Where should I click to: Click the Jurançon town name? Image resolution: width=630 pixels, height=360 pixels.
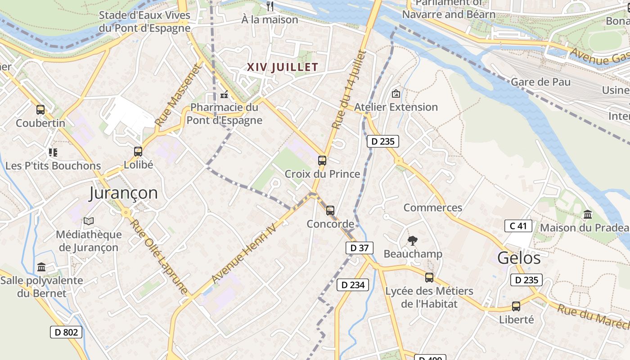coord(123,193)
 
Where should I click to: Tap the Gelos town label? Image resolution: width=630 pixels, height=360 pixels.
coord(519,258)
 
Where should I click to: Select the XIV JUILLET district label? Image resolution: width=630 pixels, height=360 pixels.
coord(283,67)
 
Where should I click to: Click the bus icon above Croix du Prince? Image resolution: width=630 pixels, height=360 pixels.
coord(322,161)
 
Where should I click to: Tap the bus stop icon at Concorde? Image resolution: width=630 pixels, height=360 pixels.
coord(330,210)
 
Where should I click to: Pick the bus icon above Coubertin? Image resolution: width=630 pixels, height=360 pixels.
coord(40,109)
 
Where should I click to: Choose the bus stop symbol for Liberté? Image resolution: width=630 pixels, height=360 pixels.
coord(516,306)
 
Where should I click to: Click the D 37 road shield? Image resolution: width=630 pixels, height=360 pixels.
coord(360,247)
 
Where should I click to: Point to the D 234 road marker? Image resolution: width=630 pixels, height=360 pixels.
coord(353,284)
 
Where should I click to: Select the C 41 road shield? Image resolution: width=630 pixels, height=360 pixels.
coord(518,226)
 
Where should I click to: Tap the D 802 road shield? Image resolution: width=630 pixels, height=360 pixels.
coord(66,333)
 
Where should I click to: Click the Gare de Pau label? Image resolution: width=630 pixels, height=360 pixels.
coord(540,82)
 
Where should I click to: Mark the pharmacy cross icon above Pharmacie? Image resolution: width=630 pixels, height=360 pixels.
coord(224,95)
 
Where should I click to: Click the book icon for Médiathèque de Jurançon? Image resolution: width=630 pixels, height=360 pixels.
coord(89,221)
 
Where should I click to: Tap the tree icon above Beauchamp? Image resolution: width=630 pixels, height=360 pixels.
coord(412,241)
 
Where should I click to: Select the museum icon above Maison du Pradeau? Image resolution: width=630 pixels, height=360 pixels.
coord(588,215)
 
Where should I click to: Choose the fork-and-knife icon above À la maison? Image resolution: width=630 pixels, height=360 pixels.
coord(270,6)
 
